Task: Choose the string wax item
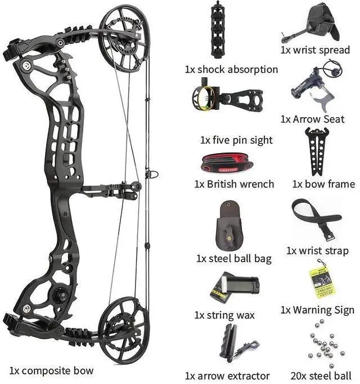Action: [235, 287]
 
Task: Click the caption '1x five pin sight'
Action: [236, 140]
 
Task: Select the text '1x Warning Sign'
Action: [317, 310]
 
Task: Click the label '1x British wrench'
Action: [234, 184]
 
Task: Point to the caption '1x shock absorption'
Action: [231, 70]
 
